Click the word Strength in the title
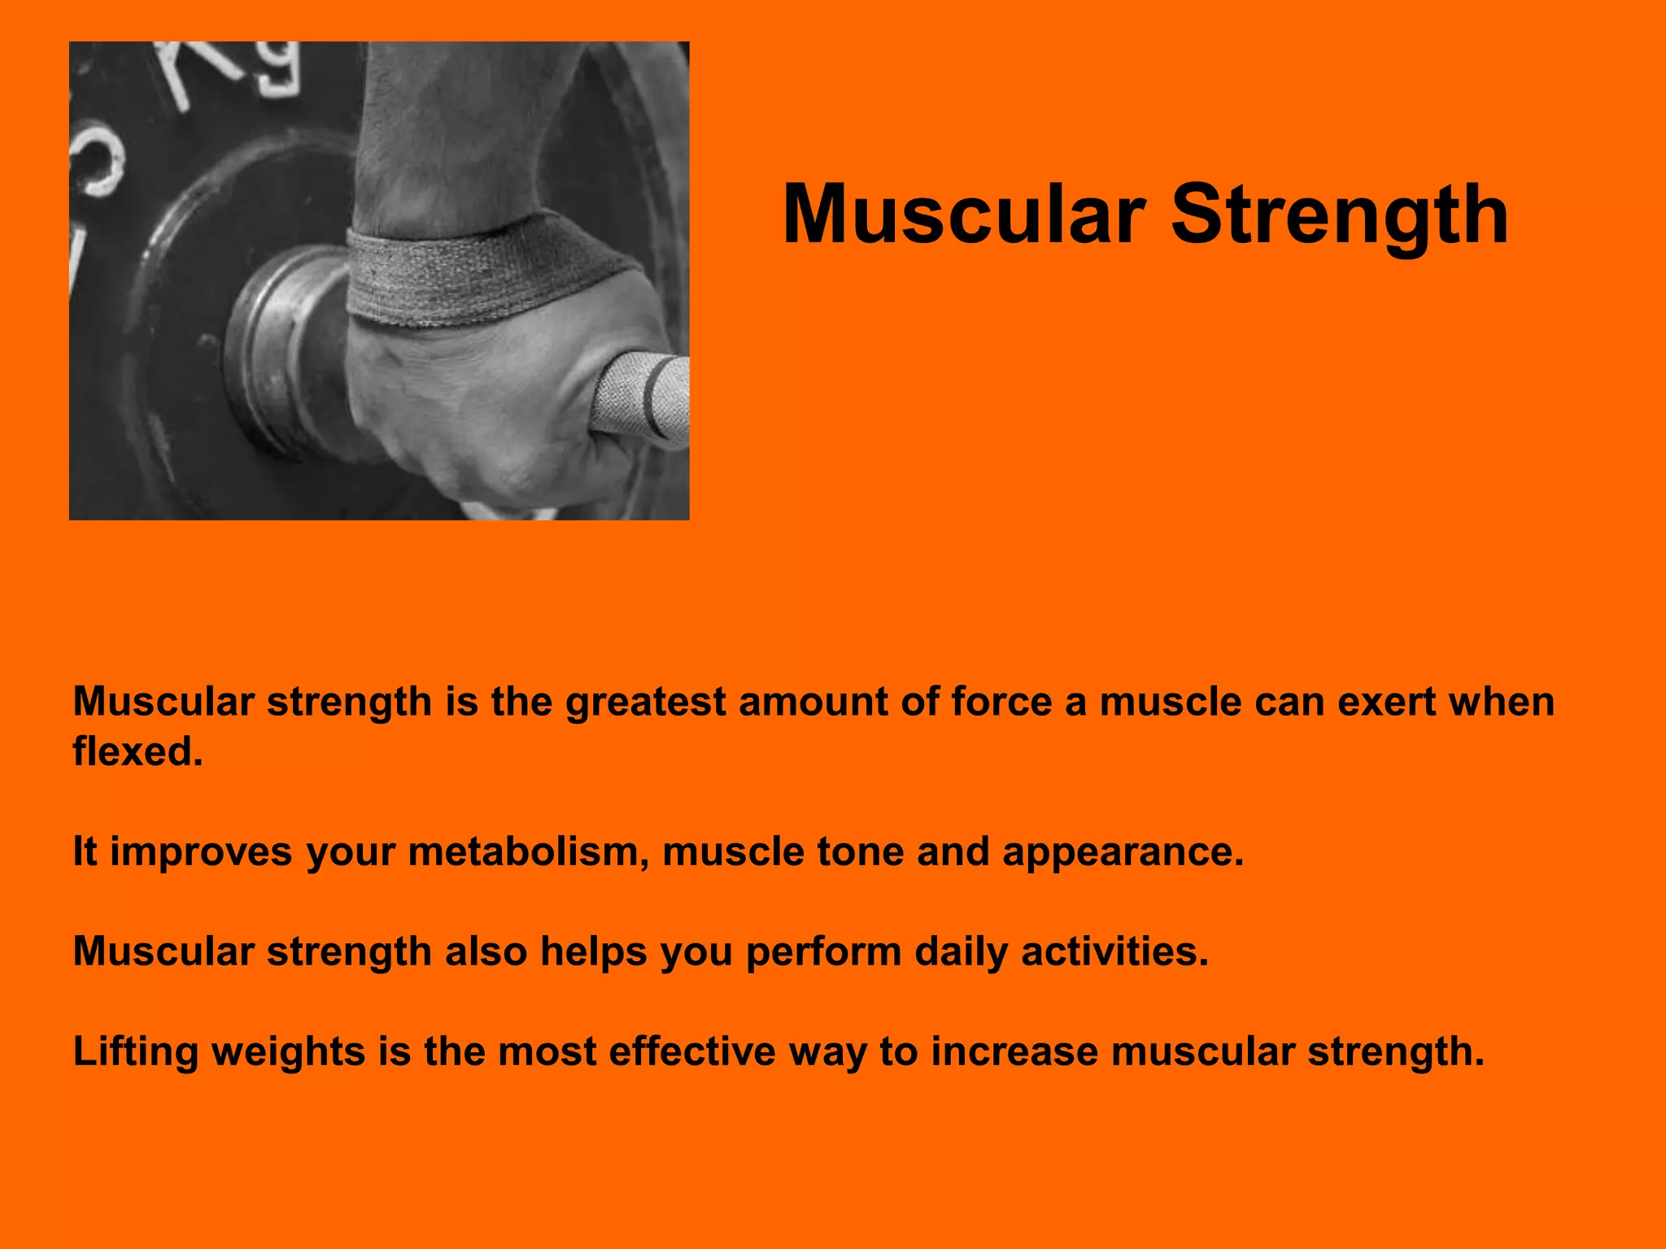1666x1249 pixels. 1339,214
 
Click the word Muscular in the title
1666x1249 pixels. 963,214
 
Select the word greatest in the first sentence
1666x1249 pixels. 645,702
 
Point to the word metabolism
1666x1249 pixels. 528,851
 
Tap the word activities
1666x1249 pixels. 1114,951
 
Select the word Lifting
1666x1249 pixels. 135,1052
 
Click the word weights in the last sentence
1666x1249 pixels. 288,1052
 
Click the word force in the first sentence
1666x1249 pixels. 1001,701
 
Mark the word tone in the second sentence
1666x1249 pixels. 860,851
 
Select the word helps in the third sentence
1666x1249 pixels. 593,952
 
